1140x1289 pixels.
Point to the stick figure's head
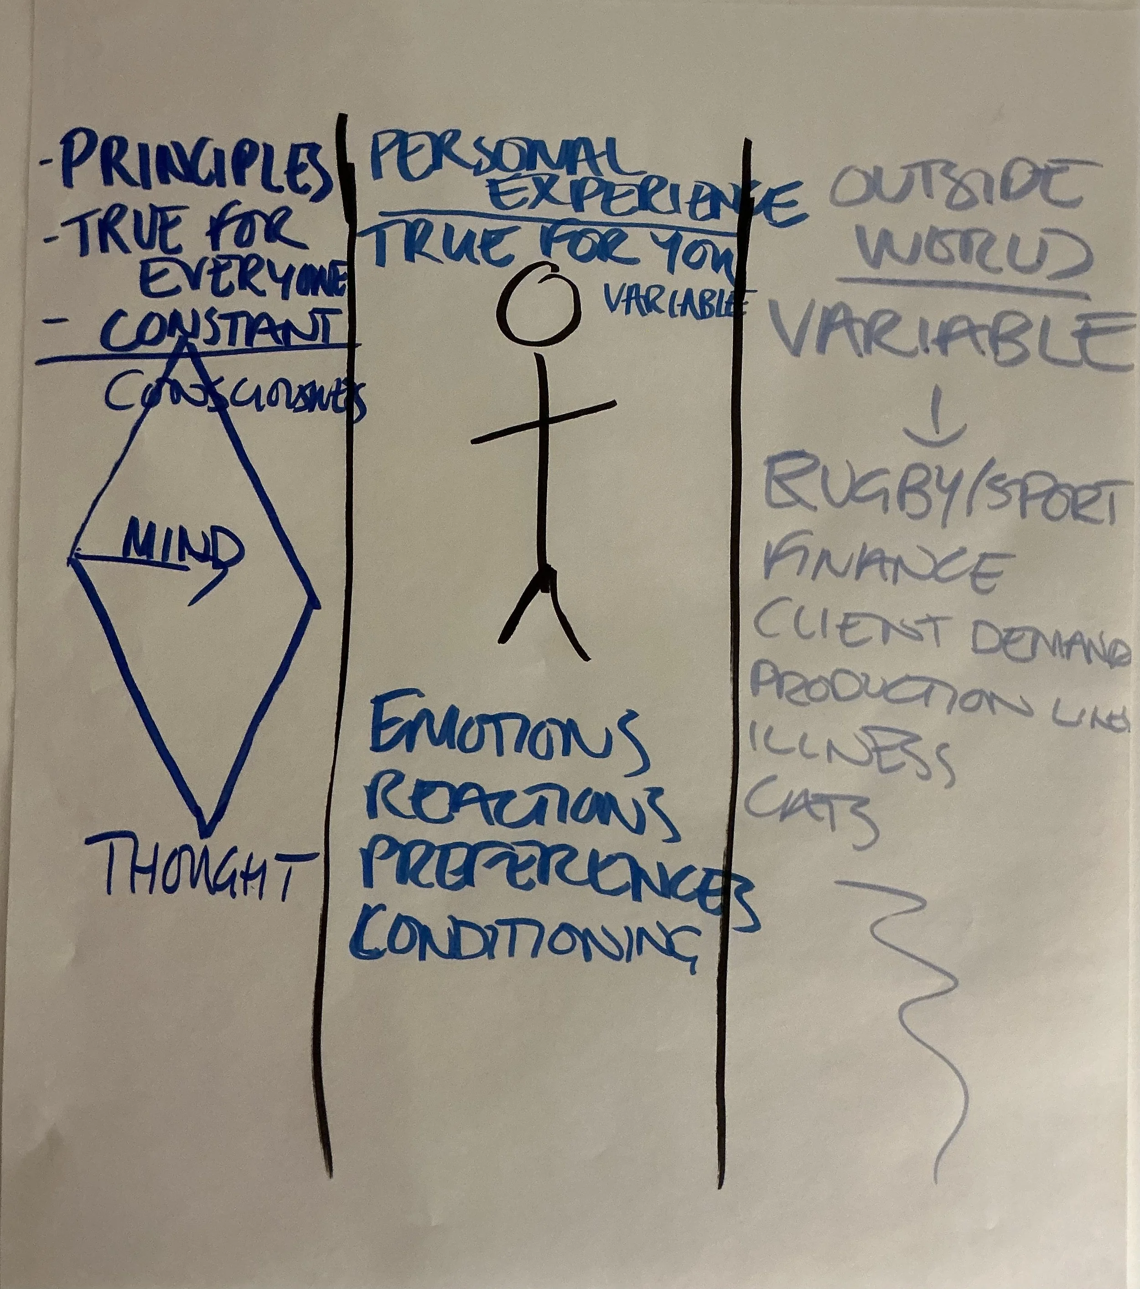[538, 303]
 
